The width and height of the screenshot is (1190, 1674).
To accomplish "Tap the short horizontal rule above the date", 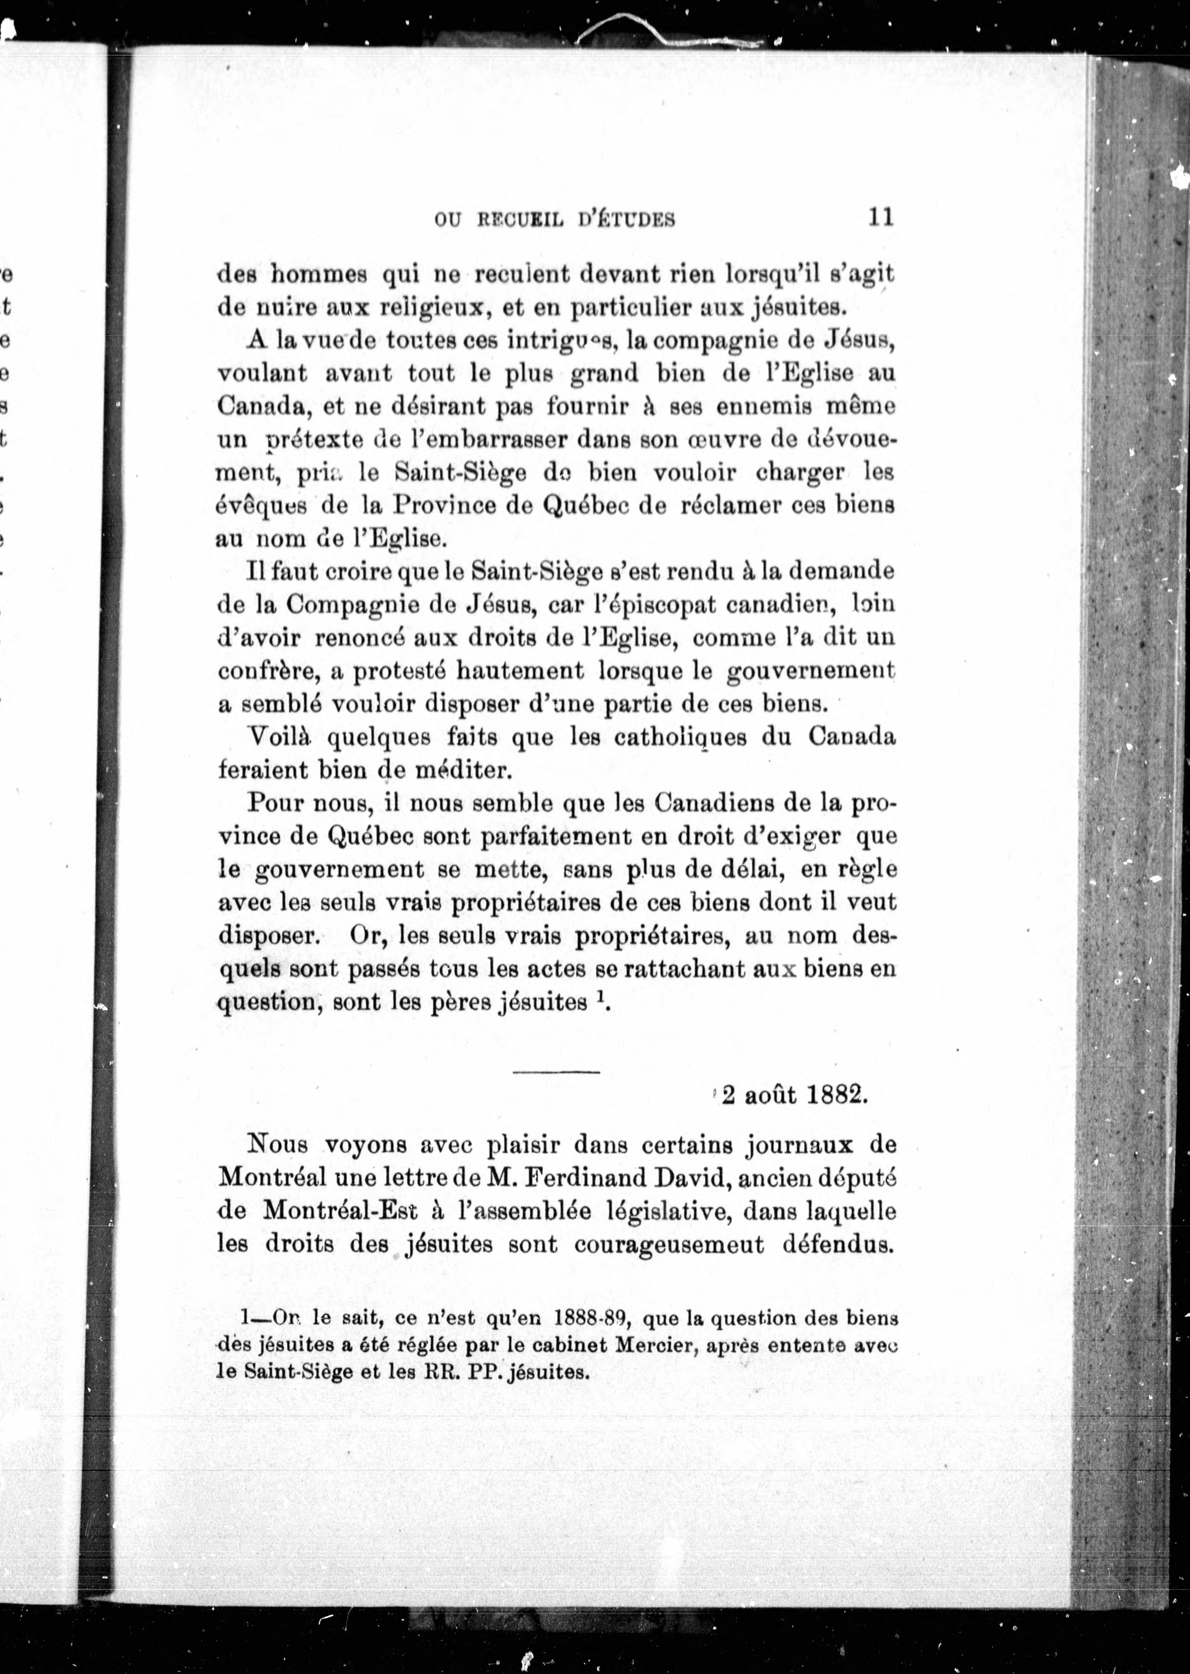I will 556,1073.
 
